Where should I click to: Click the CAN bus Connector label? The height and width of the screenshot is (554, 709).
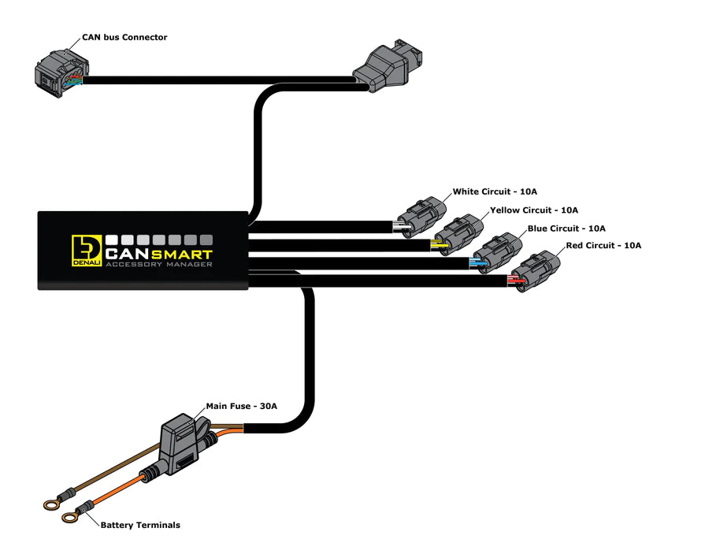[124, 37]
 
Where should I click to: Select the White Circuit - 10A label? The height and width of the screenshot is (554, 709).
[495, 191]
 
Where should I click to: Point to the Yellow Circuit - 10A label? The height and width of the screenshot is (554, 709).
[534, 210]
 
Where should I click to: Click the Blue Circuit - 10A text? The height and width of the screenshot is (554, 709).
[566, 229]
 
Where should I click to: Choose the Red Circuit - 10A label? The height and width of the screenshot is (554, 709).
[603, 246]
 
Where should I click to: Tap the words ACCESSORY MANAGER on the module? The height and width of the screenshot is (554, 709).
[158, 265]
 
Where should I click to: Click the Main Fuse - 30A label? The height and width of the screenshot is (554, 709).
[242, 407]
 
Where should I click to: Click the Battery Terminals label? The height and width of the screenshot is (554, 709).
[140, 525]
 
